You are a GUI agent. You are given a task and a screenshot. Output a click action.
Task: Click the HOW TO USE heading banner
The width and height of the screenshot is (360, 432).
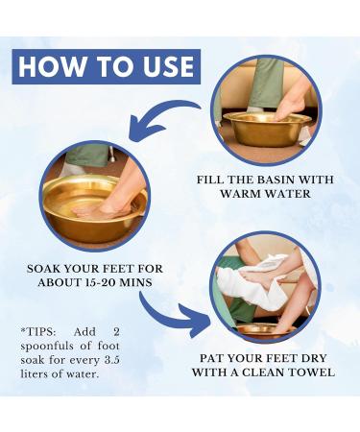click(107, 66)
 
